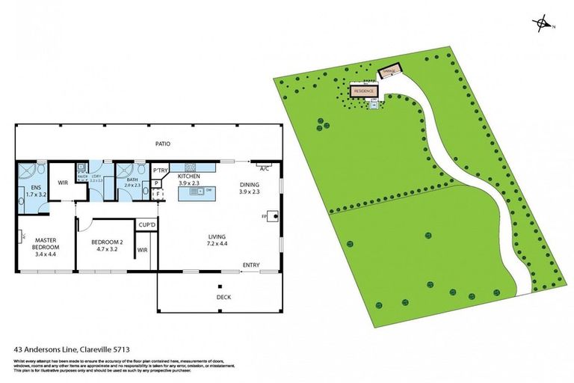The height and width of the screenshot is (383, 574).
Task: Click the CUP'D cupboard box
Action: click(x=146, y=224)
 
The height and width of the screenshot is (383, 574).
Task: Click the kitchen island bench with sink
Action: click(x=197, y=192)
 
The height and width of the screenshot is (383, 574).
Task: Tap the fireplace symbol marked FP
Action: click(x=276, y=218)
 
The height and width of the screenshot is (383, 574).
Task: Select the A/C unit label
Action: click(x=264, y=168)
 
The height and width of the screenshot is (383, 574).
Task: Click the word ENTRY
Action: click(x=251, y=266)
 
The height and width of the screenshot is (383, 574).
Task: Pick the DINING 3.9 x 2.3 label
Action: click(x=250, y=188)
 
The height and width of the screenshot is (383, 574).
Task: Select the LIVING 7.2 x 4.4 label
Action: click(x=218, y=241)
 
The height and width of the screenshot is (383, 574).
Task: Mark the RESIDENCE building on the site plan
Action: click(x=364, y=91)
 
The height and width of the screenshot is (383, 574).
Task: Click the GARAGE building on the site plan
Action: click(x=389, y=71)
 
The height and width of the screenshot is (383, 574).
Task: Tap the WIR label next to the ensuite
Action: click(x=63, y=182)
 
